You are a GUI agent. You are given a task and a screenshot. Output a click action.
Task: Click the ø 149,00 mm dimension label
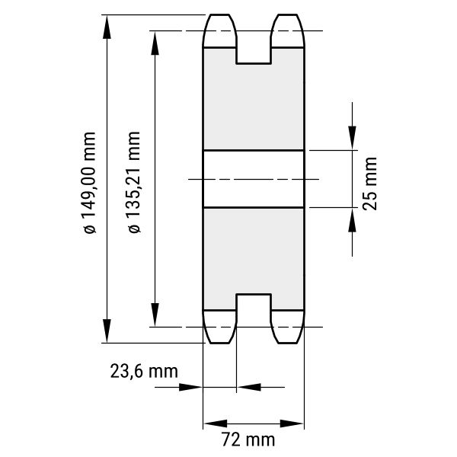89,183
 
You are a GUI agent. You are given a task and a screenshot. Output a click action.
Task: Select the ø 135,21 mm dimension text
134,182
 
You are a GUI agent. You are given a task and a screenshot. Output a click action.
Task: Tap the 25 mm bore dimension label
369,184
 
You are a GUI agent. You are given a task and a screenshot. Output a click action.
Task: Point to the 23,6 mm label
144,372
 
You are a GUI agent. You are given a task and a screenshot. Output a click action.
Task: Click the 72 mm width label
248,439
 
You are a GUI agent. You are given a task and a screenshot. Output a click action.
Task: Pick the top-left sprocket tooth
219,30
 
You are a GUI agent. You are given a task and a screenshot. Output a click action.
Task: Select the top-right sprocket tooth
287,30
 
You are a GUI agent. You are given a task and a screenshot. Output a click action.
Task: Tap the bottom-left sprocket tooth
219,327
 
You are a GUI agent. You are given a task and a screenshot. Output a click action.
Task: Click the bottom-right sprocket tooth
287,327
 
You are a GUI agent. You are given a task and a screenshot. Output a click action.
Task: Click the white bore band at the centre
254,179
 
